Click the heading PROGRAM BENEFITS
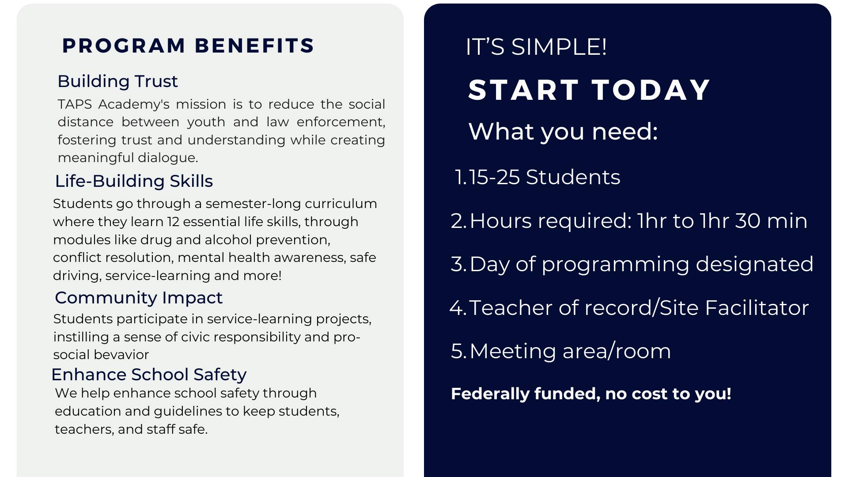(x=188, y=45)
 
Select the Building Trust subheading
(x=117, y=81)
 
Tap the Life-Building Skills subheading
(x=134, y=182)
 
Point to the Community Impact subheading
(x=139, y=298)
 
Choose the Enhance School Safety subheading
(x=149, y=375)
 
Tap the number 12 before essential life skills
(x=173, y=222)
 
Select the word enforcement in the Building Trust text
(x=341, y=122)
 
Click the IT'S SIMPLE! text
(x=536, y=47)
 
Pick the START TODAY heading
(x=589, y=90)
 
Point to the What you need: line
(x=563, y=132)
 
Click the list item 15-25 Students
(x=544, y=177)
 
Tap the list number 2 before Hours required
(x=457, y=221)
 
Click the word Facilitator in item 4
(x=757, y=308)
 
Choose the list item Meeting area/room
(x=570, y=352)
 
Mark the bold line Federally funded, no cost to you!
(x=591, y=394)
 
